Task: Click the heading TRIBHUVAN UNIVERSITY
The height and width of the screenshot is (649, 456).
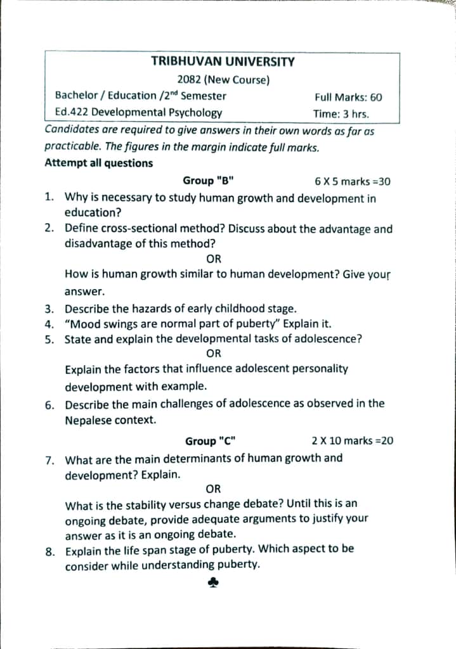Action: pyautogui.click(x=223, y=61)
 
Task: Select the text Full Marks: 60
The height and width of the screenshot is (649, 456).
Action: pyautogui.click(x=348, y=97)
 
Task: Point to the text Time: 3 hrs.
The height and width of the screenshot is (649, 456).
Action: pyautogui.click(x=341, y=114)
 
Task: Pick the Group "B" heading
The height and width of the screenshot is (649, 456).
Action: pyautogui.click(x=208, y=181)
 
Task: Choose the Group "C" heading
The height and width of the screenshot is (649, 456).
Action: pyautogui.click(x=211, y=441)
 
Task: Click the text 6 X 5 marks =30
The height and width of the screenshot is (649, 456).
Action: pyautogui.click(x=353, y=181)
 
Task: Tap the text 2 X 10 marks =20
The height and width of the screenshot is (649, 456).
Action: pyautogui.click(x=353, y=440)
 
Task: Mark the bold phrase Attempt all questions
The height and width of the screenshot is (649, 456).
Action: pyautogui.click(x=98, y=163)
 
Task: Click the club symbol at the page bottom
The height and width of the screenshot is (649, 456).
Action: pyautogui.click(x=213, y=584)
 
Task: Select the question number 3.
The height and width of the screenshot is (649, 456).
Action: pyautogui.click(x=49, y=309)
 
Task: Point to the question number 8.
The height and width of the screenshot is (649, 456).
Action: pyautogui.click(x=49, y=550)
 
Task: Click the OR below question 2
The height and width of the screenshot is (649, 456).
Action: pyautogui.click(x=214, y=259)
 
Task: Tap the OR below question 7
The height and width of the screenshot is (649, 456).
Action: pyautogui.click(x=214, y=489)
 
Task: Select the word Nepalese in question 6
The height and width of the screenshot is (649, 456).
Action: pyautogui.click(x=89, y=420)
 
